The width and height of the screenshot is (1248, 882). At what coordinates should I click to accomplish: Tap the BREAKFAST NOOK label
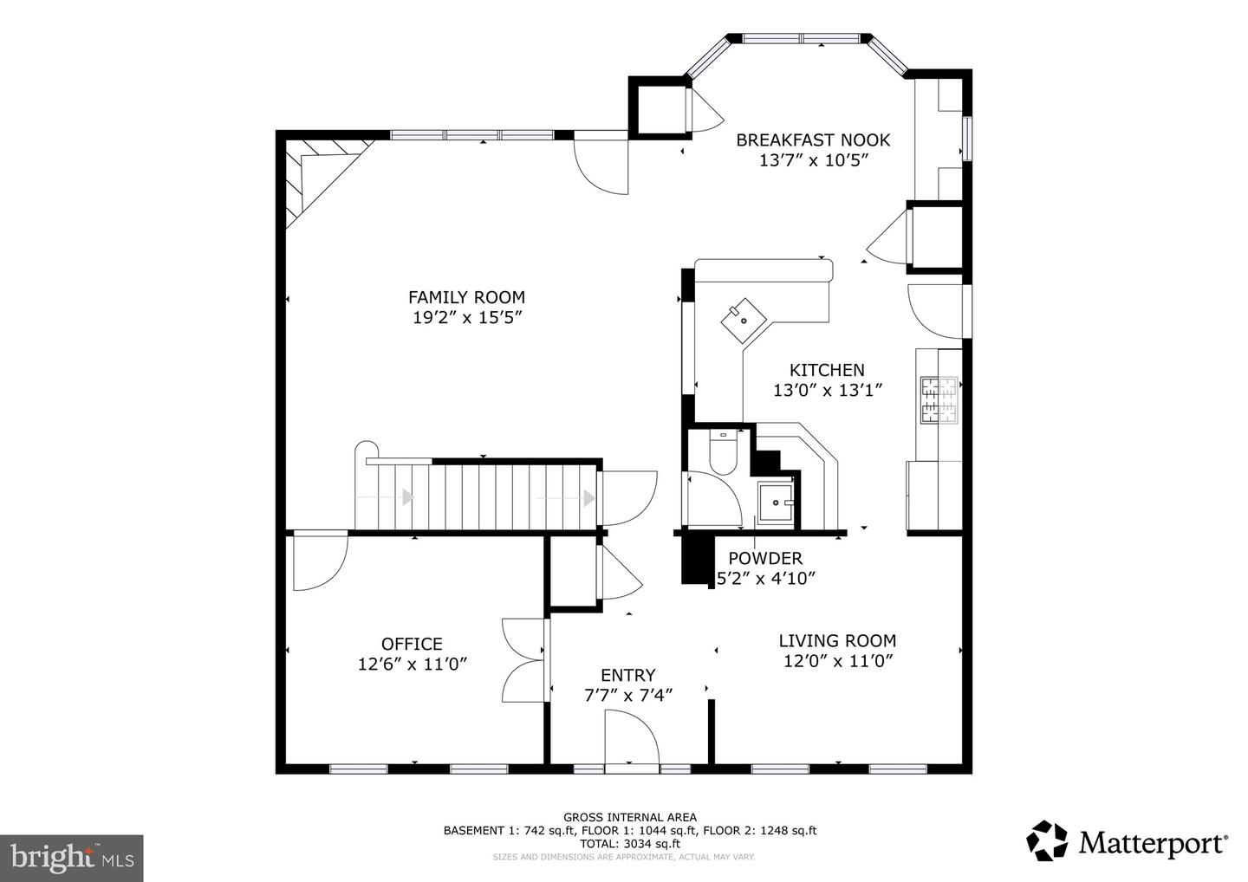[813, 139]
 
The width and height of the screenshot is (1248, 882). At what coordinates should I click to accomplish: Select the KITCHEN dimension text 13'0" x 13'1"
[828, 390]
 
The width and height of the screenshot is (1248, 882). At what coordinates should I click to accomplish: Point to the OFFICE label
[412, 644]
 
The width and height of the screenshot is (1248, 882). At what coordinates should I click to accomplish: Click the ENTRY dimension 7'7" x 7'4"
[628, 694]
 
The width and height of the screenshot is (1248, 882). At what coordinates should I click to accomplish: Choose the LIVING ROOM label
[837, 641]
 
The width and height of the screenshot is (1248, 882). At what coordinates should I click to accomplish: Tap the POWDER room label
[764, 559]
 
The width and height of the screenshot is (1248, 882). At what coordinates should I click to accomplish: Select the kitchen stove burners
[939, 400]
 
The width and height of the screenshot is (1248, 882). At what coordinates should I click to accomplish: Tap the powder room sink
[775, 501]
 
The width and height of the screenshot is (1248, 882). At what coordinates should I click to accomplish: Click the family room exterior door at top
[601, 162]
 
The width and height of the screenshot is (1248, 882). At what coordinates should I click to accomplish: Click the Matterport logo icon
[1048, 841]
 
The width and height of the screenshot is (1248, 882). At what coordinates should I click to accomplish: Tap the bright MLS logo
[71, 858]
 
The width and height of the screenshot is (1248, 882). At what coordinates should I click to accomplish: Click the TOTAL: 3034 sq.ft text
[630, 843]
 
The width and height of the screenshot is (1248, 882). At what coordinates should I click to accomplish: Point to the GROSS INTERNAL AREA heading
[630, 816]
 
